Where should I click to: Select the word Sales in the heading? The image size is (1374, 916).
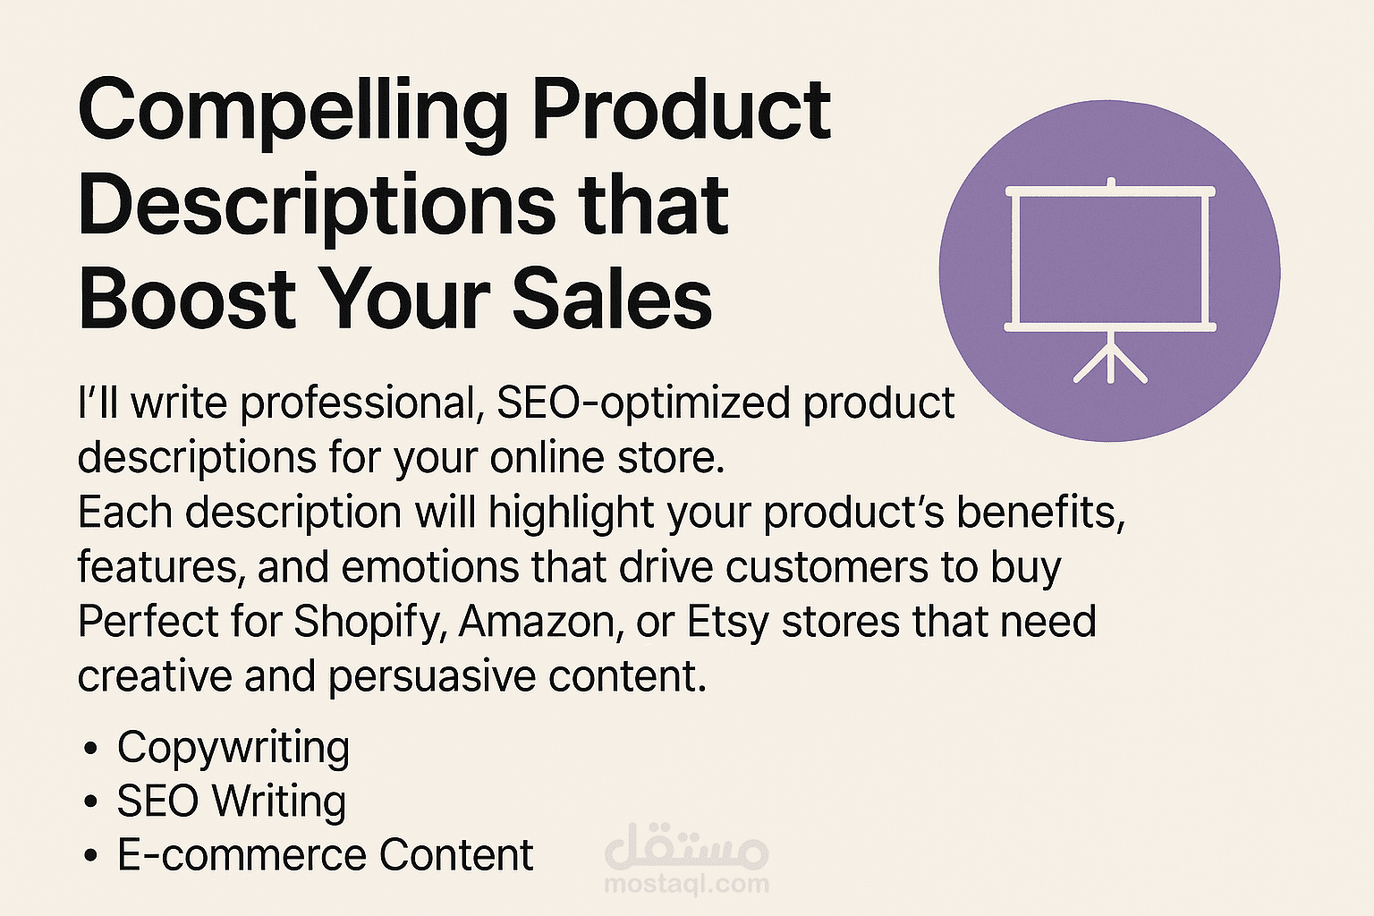click(611, 299)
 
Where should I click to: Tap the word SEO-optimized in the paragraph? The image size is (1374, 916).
click(643, 403)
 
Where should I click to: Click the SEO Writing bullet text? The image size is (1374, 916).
click(232, 801)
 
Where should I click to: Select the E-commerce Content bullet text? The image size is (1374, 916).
click(325, 855)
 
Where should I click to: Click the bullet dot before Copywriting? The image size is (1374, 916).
click(90, 749)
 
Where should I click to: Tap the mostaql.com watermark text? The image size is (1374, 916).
click(686, 884)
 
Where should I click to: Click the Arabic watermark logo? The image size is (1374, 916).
click(686, 849)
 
